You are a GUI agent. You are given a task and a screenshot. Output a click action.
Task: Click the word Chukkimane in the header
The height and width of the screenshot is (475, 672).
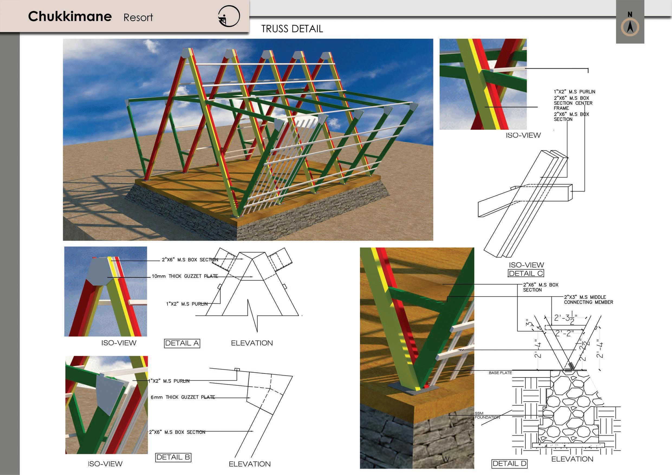(70, 17)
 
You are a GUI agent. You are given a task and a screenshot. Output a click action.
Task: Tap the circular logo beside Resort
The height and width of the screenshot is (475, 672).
(229, 17)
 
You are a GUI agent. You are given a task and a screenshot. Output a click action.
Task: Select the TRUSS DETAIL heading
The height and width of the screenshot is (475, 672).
(292, 29)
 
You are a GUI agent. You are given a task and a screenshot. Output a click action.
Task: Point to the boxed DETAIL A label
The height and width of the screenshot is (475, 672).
(182, 343)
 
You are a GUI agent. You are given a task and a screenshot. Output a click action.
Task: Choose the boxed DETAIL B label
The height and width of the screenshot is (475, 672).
(173, 457)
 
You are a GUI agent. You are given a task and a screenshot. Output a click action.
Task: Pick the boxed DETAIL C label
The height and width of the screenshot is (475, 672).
(526, 273)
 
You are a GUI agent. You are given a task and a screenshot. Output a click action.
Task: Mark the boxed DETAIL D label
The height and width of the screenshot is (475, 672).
(509, 464)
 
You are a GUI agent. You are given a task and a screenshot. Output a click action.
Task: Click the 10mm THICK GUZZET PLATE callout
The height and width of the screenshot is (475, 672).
(184, 276)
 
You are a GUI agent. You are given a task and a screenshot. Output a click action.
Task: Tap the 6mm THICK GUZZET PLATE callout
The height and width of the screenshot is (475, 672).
(183, 397)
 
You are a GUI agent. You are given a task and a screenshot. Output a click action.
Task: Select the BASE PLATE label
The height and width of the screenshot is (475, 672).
(500, 373)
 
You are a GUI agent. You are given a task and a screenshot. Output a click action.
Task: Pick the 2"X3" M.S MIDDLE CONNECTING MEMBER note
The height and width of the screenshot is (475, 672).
(588, 300)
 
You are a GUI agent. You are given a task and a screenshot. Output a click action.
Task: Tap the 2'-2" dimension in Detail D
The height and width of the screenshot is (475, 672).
(564, 333)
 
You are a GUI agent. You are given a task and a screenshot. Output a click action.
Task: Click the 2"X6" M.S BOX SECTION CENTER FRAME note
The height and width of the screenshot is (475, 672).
(573, 103)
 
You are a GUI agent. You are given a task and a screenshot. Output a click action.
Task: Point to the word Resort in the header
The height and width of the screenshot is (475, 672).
(138, 17)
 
